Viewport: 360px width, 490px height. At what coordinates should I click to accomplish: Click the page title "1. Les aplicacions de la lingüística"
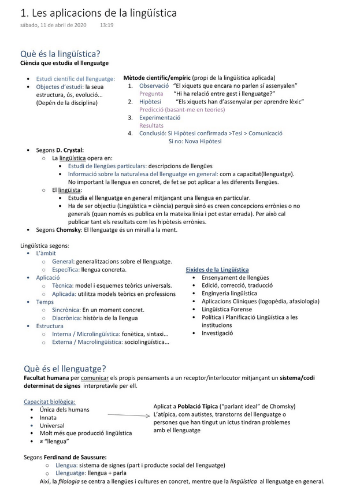tap(98, 13)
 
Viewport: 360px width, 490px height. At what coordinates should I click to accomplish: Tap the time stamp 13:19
tap(106, 25)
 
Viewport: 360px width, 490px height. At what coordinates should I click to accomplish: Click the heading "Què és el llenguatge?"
tap(65, 369)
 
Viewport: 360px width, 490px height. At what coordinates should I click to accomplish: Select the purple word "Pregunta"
tap(151, 94)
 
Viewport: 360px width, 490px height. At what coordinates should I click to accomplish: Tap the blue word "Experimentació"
tap(159, 117)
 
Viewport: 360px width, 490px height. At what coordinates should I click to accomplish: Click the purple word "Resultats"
tap(151, 125)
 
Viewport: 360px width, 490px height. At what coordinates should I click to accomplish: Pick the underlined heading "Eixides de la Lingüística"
tap(217, 270)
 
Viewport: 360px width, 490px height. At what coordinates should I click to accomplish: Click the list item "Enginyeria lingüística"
tap(229, 294)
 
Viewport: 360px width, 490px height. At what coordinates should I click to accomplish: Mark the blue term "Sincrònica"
tap(66, 310)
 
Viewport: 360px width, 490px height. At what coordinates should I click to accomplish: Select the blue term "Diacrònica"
tap(66, 318)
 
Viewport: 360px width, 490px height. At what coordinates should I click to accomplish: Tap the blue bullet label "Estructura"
tap(50, 326)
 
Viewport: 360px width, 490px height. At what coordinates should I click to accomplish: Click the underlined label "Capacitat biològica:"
tap(50, 402)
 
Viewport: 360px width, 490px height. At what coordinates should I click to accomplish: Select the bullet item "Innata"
tap(49, 418)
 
